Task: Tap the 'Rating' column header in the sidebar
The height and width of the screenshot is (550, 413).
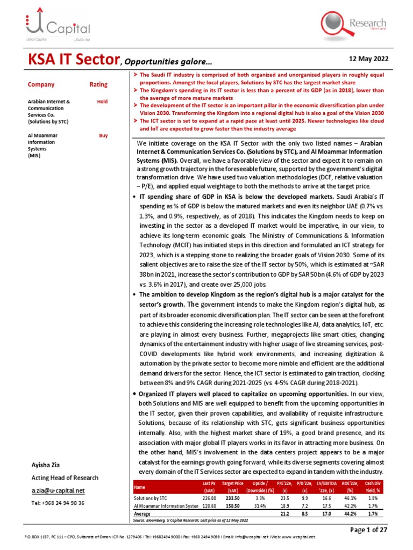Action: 98,84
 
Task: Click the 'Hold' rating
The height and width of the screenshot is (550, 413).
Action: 102,101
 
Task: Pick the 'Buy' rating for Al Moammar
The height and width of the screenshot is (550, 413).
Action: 103,136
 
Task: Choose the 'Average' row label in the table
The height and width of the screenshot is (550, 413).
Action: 142,513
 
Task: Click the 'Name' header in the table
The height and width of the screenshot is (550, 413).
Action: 139,487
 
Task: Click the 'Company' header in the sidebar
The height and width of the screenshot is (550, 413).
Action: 41,84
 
